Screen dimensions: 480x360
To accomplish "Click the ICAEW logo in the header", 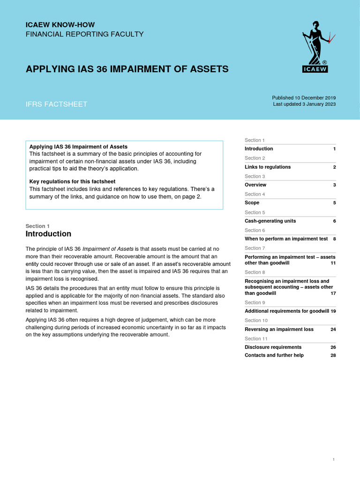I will click(315, 47).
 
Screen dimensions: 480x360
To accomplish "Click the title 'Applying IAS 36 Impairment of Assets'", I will click(127, 69).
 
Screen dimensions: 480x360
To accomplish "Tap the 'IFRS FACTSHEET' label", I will click(56, 104).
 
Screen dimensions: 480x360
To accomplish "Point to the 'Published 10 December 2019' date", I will click(304, 97).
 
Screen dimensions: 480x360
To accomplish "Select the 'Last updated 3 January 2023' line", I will click(304, 104).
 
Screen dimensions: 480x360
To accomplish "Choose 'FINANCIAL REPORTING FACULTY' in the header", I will click(84, 34).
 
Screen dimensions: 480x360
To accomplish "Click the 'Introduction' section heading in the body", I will click(48, 233).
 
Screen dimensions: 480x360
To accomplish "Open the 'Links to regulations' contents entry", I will click(268, 167).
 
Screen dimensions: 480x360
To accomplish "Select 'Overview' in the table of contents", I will click(255, 185).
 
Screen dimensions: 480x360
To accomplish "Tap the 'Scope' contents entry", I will click(252, 203).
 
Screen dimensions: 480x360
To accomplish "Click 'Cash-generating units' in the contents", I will click(270, 221).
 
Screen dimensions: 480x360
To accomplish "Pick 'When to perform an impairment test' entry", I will click(286, 239).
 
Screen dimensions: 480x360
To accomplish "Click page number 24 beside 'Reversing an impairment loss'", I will click(333, 330).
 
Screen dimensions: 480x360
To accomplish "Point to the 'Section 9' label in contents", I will click(255, 302).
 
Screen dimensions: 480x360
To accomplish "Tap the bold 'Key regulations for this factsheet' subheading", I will click(72, 181).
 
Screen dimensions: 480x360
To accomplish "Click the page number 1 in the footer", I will click(333, 460).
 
